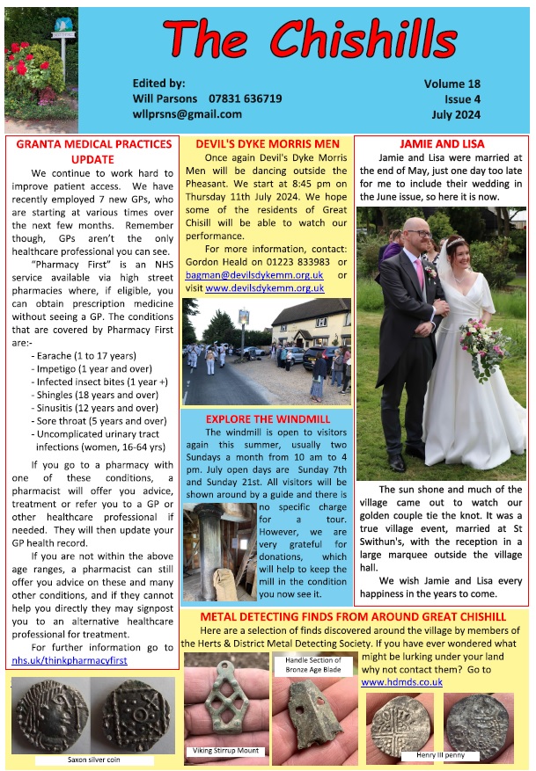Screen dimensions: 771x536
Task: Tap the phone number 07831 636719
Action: click(245, 98)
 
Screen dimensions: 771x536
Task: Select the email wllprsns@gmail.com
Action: click(187, 114)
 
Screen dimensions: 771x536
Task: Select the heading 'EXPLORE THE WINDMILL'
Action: click(266, 418)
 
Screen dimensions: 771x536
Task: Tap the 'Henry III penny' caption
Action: click(440, 755)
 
